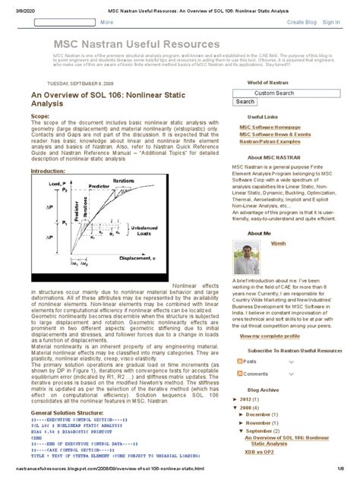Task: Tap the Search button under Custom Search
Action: [x=245, y=101]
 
